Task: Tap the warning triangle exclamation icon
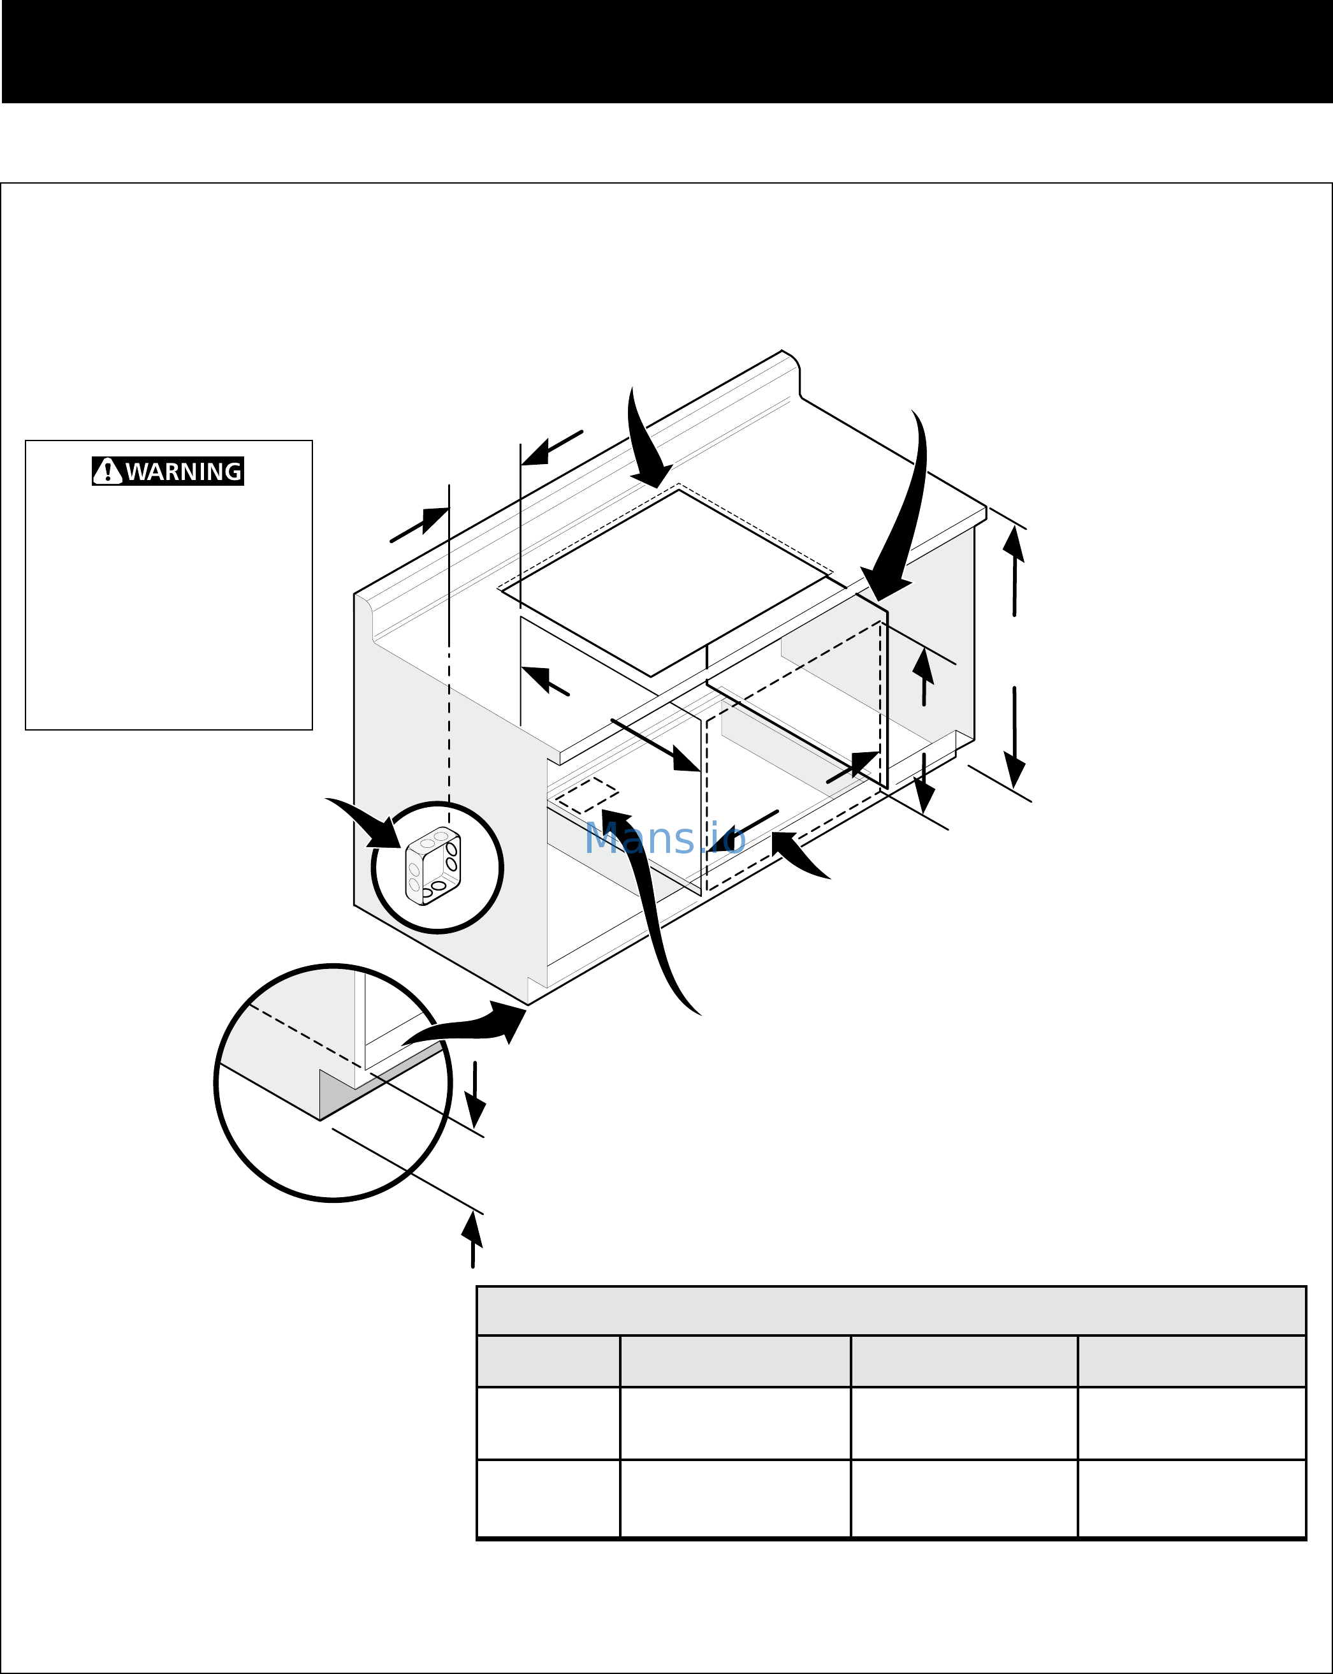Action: [x=107, y=471]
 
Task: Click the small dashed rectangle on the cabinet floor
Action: [x=587, y=795]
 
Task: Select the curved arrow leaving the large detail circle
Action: [x=466, y=1025]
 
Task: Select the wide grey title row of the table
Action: [x=891, y=1311]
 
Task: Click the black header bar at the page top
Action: [x=666, y=51]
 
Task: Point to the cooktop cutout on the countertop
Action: [x=664, y=582]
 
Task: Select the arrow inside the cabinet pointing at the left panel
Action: [x=656, y=745]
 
